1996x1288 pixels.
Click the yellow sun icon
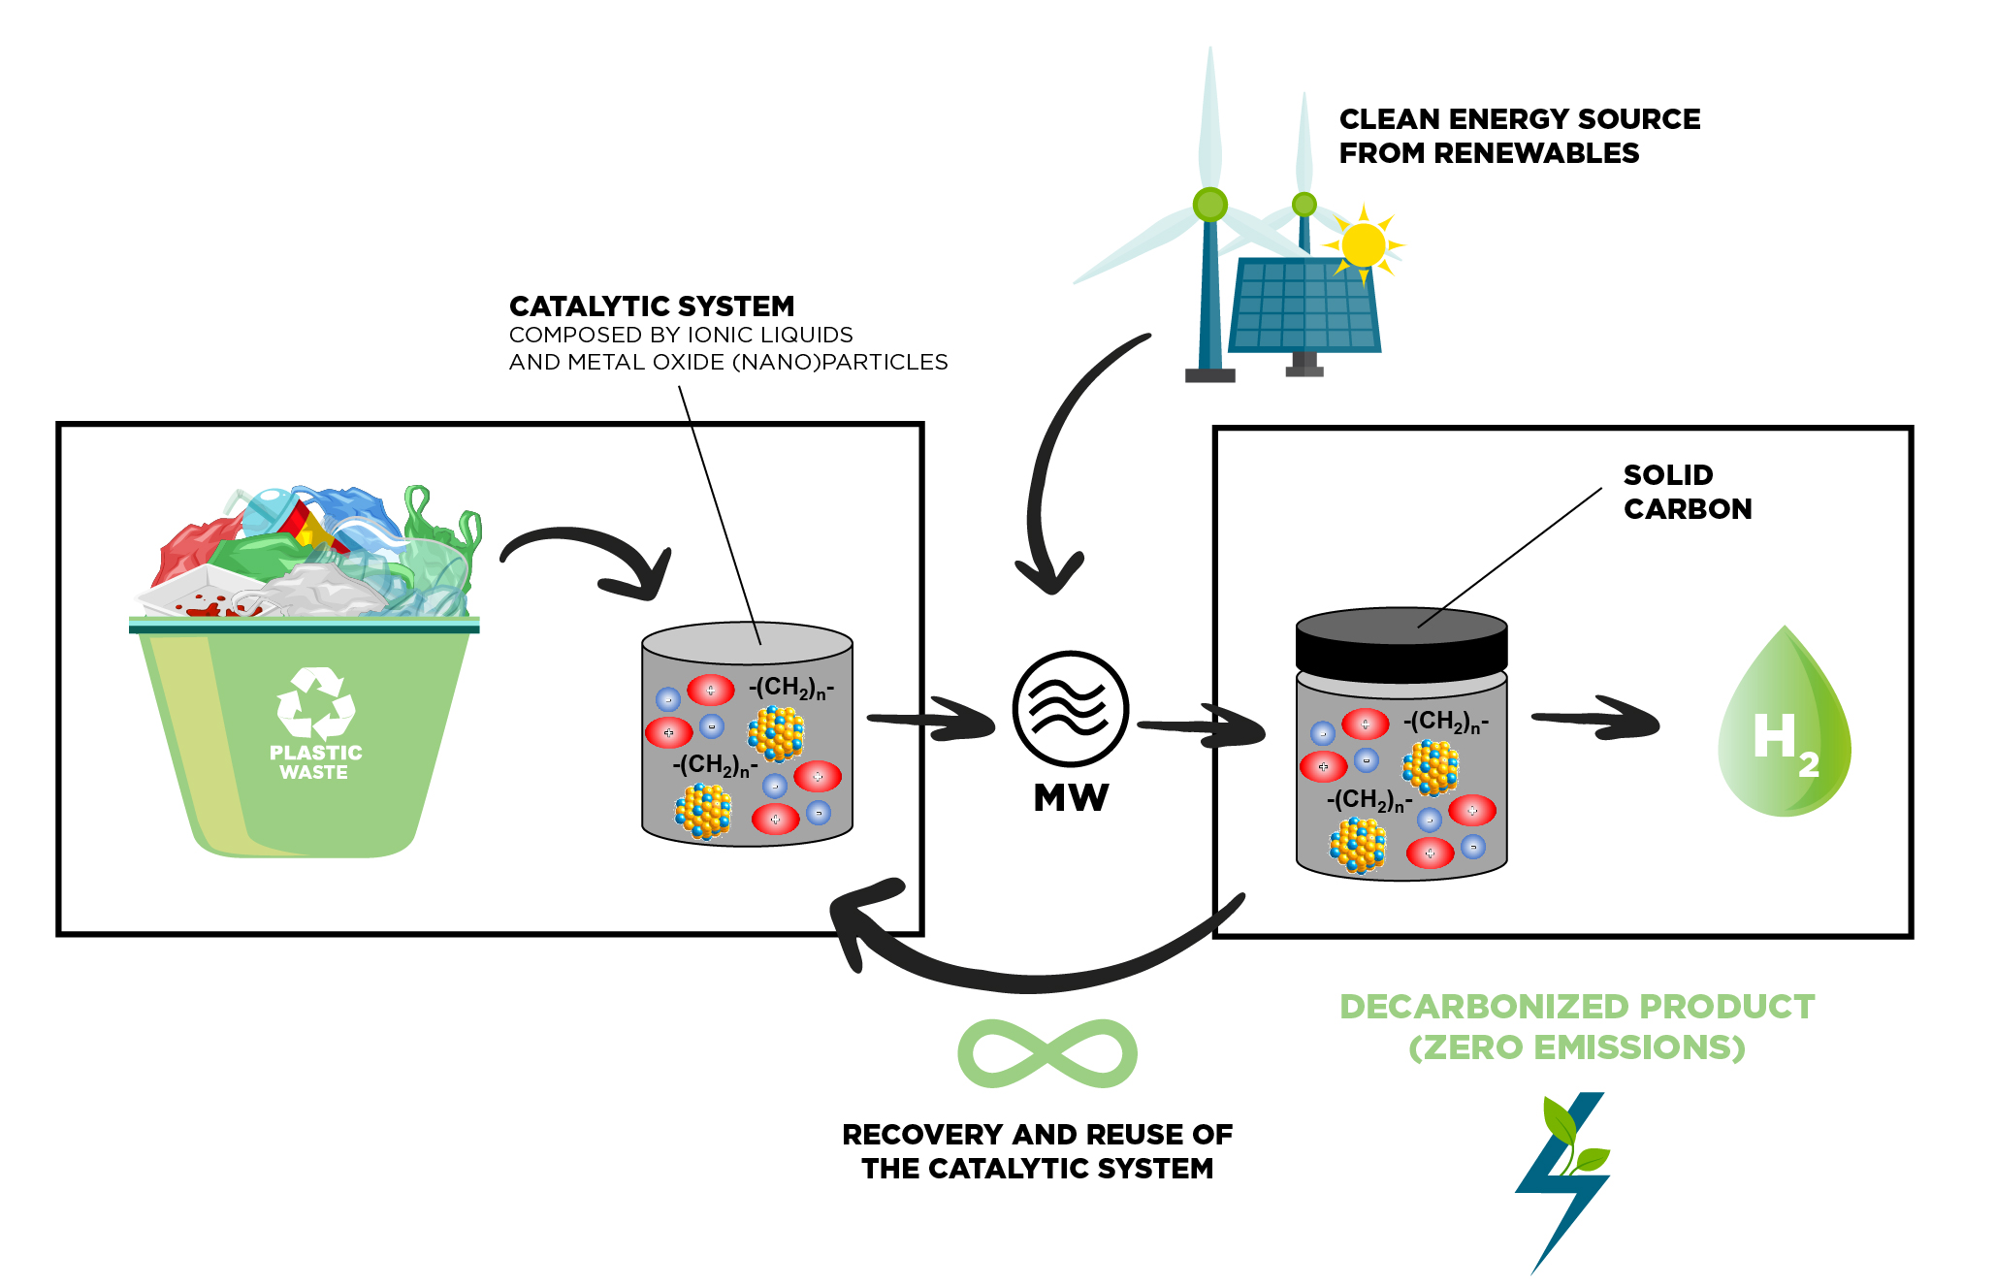(x=1364, y=245)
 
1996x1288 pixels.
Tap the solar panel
(x=1304, y=306)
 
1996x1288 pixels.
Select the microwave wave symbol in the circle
(x=1070, y=709)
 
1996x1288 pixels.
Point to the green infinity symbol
(x=1047, y=1053)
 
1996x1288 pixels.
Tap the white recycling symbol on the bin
(x=315, y=703)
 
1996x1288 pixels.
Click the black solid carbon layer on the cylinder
(x=1401, y=645)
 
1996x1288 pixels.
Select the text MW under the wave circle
(x=1071, y=798)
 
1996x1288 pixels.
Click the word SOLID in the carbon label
(x=1668, y=475)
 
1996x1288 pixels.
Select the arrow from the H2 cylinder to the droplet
(x=1595, y=719)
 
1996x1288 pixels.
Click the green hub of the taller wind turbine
(x=1209, y=205)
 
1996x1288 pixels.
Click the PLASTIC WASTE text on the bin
(x=315, y=762)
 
